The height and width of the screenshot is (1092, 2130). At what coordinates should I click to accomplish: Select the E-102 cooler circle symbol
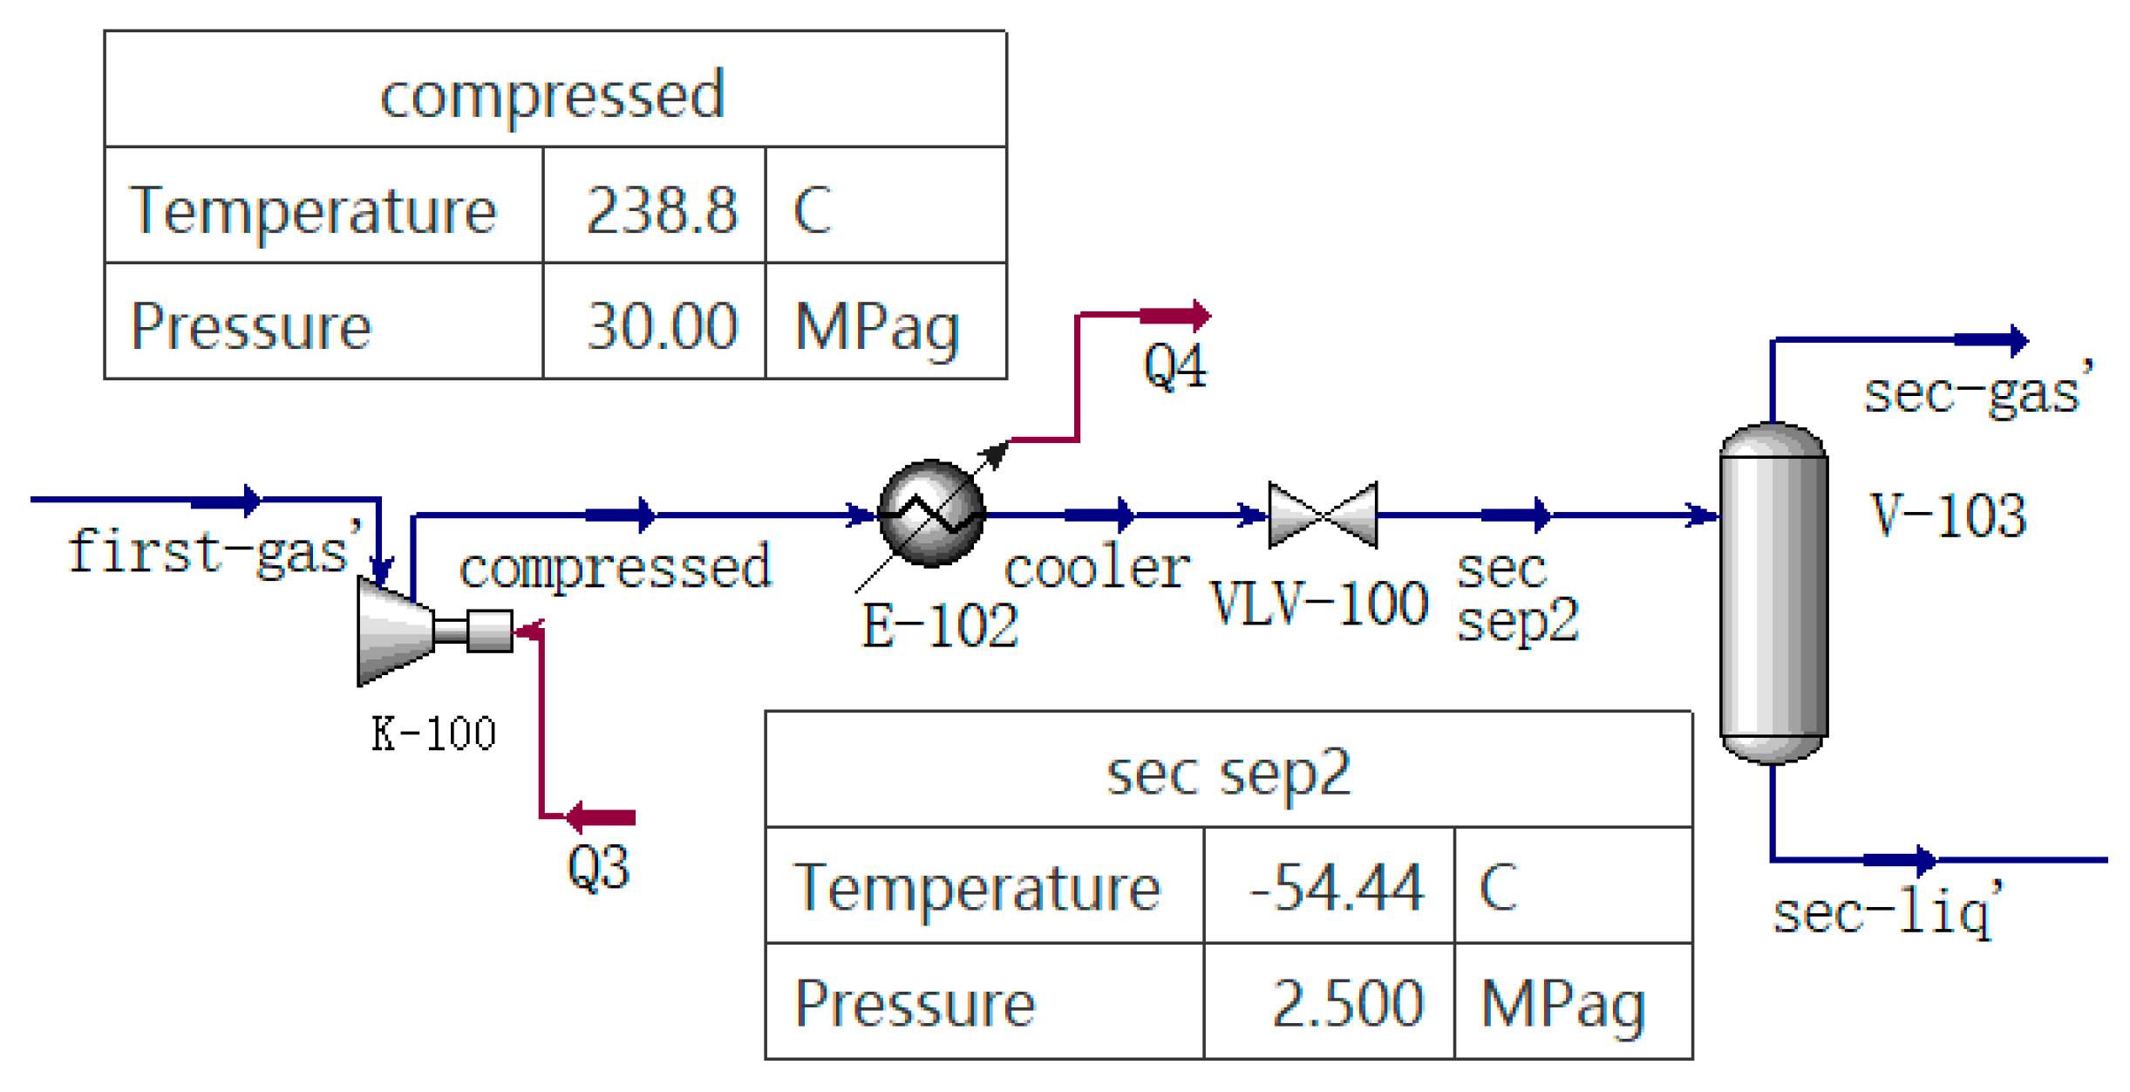pos(931,514)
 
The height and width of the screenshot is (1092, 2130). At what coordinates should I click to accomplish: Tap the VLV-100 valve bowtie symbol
pos(1323,515)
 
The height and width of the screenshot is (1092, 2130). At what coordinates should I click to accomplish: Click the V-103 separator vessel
pos(1773,593)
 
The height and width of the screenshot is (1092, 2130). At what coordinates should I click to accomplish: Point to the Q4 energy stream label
pos(1174,366)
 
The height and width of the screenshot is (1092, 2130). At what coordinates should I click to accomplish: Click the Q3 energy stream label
pos(598,868)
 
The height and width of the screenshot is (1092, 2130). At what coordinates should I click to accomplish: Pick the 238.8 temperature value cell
pos(662,210)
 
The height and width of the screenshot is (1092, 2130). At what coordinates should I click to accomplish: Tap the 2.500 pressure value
pos(1347,1003)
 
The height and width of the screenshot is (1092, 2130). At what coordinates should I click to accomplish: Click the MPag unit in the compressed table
pos(876,328)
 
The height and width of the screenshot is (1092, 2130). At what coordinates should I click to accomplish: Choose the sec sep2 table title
pos(1228,773)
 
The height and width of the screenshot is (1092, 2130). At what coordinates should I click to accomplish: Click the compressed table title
pos(553,94)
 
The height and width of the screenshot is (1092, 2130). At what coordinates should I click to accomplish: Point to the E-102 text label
pos(940,625)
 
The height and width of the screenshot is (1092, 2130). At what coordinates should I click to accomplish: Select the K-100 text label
pos(433,733)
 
